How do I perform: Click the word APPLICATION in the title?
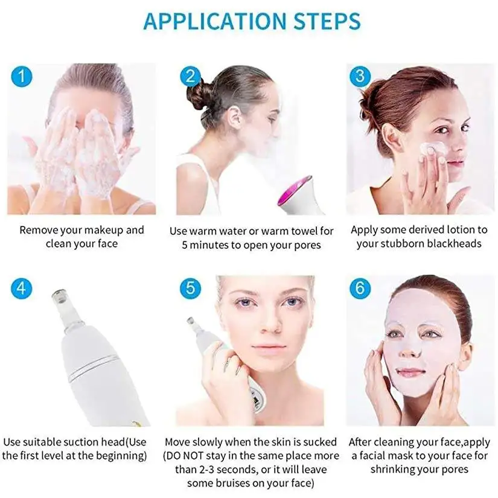[208, 22]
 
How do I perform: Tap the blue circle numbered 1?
[21, 76]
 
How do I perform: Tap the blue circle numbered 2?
[190, 76]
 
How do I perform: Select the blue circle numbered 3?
[360, 76]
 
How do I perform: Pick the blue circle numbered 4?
[21, 288]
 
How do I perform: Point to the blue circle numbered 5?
[190, 288]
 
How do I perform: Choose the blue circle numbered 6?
[360, 288]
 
